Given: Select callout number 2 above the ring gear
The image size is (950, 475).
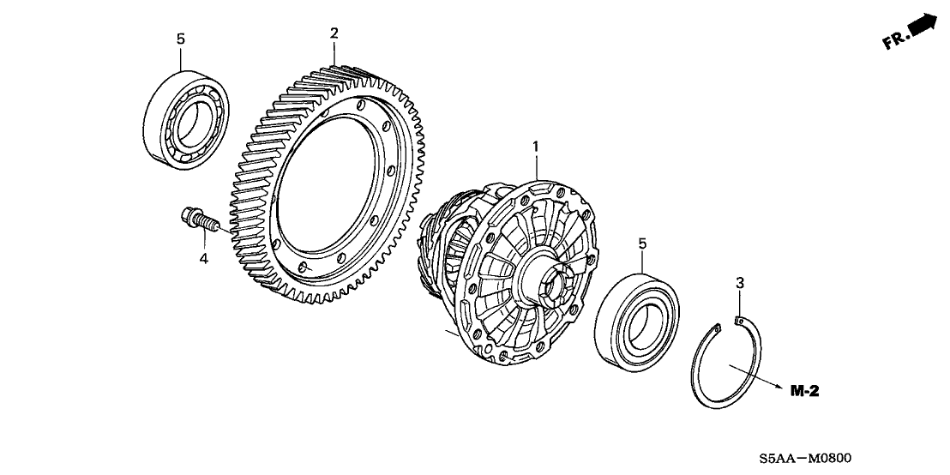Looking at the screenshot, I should pyautogui.click(x=334, y=33).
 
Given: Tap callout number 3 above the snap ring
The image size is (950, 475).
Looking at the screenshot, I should pyautogui.click(x=738, y=282).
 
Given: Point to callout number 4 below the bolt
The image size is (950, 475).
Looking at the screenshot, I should pyautogui.click(x=204, y=257).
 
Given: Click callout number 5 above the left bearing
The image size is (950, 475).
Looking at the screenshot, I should pyautogui.click(x=180, y=39).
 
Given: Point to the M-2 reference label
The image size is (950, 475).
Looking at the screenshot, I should pyautogui.click(x=805, y=392).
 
